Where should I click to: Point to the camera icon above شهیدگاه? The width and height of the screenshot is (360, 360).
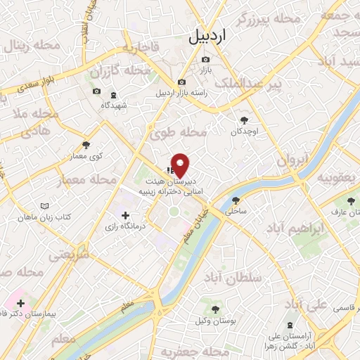[97, 91]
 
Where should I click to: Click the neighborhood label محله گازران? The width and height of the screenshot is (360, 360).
[121, 72]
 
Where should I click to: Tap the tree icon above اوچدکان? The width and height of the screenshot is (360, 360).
[244, 120]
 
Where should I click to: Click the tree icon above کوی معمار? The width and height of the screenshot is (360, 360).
[86, 145]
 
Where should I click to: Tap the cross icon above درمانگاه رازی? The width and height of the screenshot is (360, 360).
[125, 215]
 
